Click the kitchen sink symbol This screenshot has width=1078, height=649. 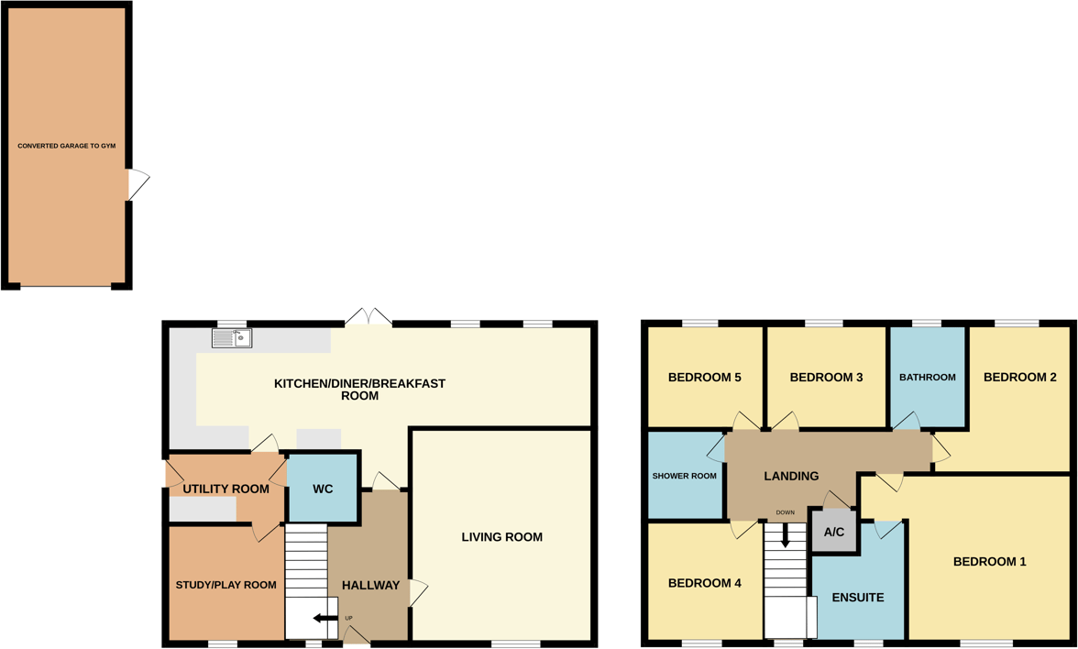pos(232,338)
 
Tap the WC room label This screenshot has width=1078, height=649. pos(323,489)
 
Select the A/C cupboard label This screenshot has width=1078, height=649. pos(834,533)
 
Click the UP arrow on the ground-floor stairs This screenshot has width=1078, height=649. pos(324,619)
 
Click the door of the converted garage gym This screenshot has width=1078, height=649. pos(137,185)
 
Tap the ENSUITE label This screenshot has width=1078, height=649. pos(858,597)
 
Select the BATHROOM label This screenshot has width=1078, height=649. pos(927,377)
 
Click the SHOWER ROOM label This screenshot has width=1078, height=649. pos(684,476)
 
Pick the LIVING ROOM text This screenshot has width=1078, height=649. pos(502,537)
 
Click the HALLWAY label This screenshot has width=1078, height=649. pos(370,585)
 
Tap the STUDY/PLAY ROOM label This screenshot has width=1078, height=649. pos(225,585)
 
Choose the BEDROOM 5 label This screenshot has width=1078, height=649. pos(704,377)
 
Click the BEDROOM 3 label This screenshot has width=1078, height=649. pos(826,377)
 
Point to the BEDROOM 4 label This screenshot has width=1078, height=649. pos(704,583)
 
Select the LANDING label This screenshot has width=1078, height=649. pos(791,476)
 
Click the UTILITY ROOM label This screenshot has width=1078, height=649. pos(225,489)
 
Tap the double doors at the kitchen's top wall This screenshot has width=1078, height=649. pos(368,317)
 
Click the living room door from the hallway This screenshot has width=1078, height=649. pos(418,592)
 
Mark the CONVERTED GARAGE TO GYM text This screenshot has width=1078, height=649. pos(67,146)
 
